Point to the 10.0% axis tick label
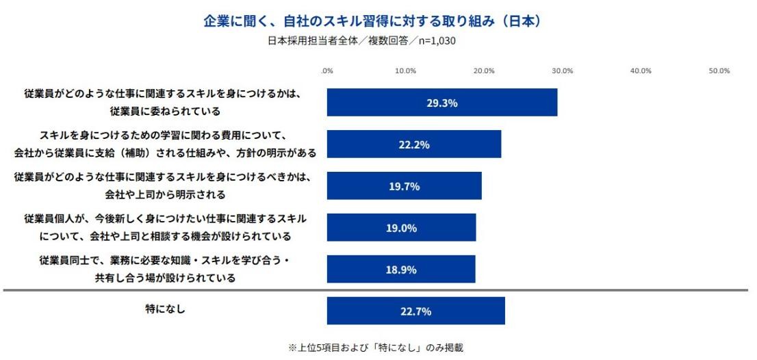click(406, 70)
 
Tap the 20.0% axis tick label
click(484, 70)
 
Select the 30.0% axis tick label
click(563, 70)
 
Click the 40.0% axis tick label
click(641, 70)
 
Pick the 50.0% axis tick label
click(719, 70)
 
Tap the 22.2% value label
click(414, 144)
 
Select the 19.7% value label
click(404, 186)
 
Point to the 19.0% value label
click(401, 228)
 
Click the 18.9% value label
click(401, 270)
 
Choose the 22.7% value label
click(415, 311)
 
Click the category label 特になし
click(162, 309)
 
